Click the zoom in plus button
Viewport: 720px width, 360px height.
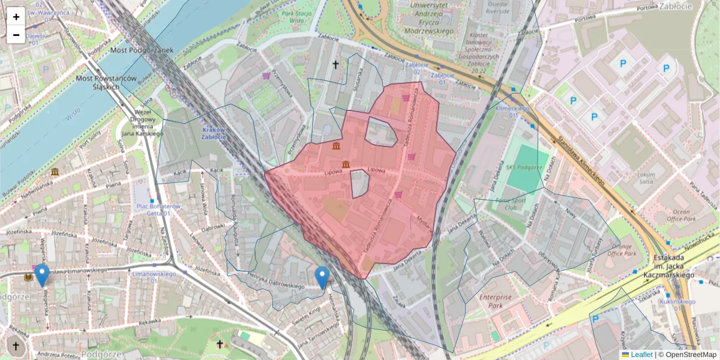tap(16, 17)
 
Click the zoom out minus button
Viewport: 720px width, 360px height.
tap(16, 35)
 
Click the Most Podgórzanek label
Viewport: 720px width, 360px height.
tap(142, 50)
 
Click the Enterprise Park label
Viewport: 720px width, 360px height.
tap(496, 301)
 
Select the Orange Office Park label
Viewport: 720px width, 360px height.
tap(614, 249)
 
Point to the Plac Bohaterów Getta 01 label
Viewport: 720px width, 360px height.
tap(158, 210)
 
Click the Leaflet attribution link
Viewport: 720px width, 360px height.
tap(641, 355)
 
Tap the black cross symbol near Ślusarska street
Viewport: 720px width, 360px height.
tap(335, 64)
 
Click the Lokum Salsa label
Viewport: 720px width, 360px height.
tap(646, 178)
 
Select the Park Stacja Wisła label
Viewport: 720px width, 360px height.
tap(295, 16)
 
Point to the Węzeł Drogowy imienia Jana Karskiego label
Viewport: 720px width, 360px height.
tap(142, 122)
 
